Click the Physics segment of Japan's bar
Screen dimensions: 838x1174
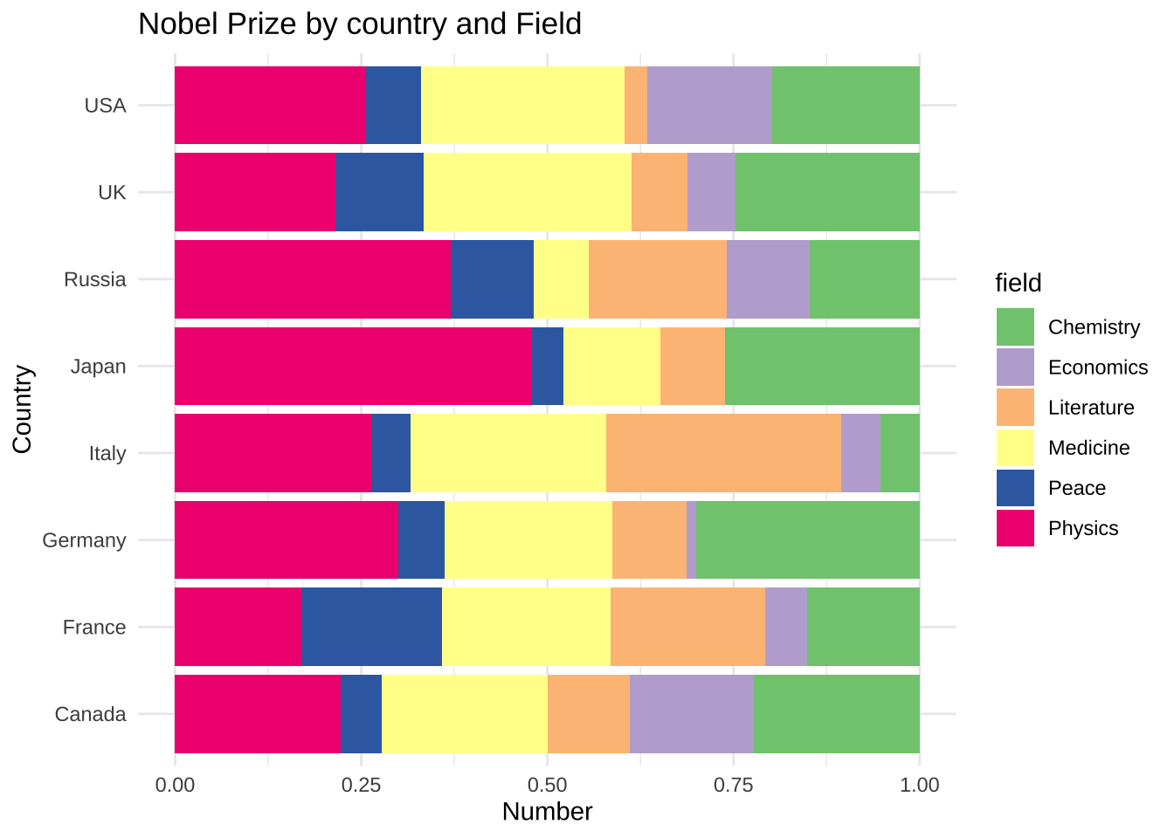352,366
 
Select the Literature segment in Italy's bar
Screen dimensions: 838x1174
723,453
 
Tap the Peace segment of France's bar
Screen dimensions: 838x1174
371,627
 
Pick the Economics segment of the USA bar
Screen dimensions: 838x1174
709,105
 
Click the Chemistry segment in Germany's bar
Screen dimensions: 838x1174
808,539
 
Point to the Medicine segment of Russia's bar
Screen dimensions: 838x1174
561,279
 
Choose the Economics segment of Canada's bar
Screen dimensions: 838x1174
692,714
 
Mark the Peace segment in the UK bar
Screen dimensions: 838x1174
379,192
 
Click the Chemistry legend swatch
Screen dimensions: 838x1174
1015,327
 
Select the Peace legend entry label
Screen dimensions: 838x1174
1077,488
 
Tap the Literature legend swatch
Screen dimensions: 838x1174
1015,408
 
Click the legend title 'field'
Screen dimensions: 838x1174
1019,283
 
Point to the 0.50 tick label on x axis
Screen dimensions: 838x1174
547,785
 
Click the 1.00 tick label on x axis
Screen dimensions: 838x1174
919,785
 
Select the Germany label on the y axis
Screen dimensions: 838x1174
84,540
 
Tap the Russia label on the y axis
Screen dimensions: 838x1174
95,279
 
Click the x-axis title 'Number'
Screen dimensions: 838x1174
547,812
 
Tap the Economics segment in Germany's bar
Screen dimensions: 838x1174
691,539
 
